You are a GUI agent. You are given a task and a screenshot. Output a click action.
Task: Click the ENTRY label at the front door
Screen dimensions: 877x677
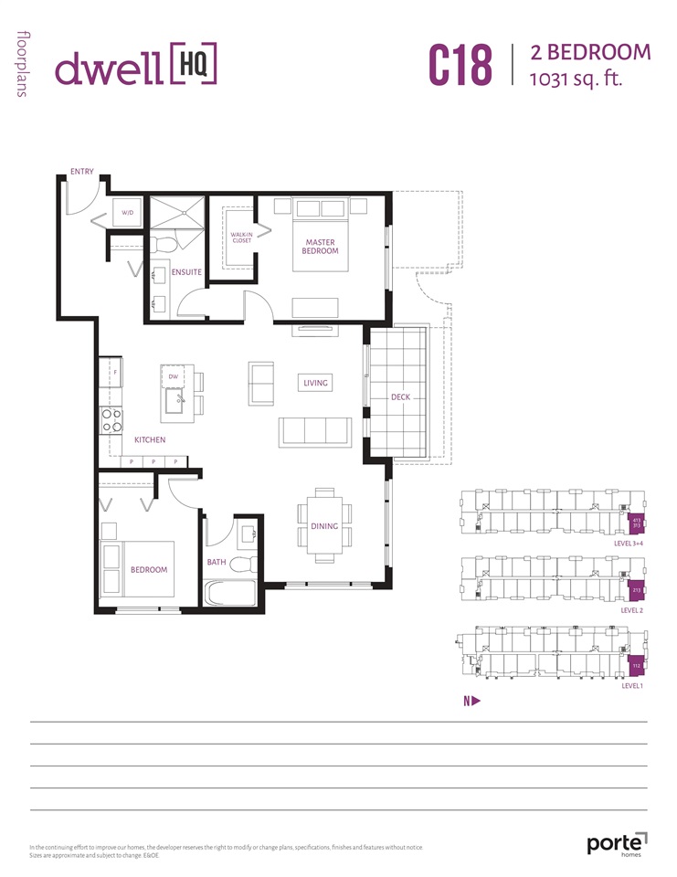tap(82, 171)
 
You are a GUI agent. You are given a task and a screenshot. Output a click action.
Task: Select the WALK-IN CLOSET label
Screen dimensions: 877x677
tap(241, 238)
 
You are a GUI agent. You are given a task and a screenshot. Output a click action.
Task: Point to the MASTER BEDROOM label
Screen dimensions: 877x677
tap(322, 247)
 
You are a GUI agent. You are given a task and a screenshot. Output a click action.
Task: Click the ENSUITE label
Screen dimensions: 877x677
tap(185, 272)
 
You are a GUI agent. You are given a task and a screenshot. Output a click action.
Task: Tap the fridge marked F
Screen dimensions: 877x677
tap(113, 373)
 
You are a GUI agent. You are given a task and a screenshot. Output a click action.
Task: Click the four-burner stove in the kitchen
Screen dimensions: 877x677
tap(111, 420)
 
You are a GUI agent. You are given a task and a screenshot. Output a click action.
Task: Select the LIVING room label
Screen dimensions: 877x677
tap(315, 384)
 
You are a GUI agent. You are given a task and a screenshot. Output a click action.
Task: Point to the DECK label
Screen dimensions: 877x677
tap(400, 397)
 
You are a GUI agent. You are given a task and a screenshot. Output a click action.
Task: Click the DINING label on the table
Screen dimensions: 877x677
tap(324, 526)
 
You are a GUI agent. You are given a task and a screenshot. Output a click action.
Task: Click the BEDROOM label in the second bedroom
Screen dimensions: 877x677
tap(149, 570)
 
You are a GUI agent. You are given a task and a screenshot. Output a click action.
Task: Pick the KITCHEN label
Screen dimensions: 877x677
tap(150, 440)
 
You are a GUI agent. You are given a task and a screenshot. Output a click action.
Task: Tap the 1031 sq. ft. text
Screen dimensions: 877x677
tap(576, 79)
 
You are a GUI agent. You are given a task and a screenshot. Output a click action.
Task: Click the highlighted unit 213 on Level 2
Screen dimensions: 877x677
tap(635, 591)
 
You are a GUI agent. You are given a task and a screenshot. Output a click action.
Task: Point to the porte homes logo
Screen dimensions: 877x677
tap(617, 842)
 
